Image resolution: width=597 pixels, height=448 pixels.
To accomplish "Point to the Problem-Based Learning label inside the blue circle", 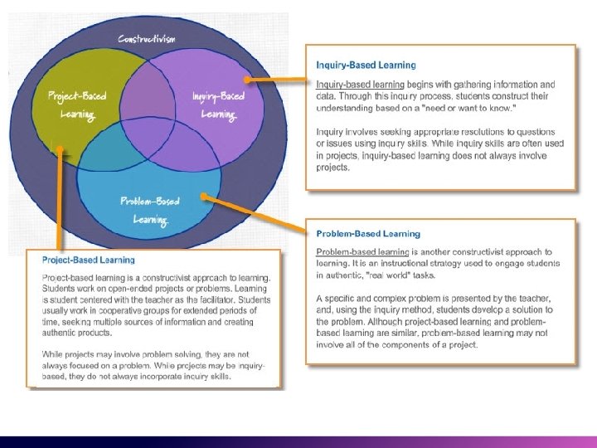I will pos(150,210).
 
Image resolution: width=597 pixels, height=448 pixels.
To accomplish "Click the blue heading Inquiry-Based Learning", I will pos(366,65).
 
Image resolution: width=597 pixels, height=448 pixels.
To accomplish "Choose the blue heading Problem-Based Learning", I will pos(368,234).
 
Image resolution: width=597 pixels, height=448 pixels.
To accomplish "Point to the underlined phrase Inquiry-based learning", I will pos(360,85).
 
